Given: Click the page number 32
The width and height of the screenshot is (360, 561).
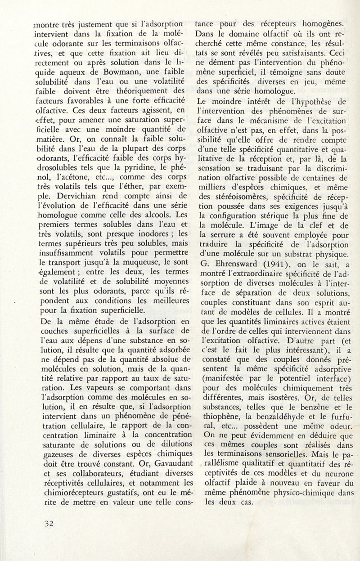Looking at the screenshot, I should pos(46,523).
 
